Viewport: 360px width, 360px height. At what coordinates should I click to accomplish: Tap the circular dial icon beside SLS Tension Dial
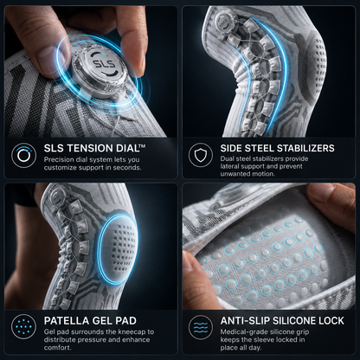tap(23, 155)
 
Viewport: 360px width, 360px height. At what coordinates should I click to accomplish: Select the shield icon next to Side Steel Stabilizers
tap(201, 155)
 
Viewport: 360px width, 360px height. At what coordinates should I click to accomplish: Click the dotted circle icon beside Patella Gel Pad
tap(23, 327)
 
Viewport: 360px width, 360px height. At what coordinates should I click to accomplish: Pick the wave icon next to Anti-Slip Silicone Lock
tap(201, 327)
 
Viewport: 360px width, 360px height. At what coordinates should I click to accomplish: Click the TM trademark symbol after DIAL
tap(142, 146)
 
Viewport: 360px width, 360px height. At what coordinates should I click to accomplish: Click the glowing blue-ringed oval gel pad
tap(118, 249)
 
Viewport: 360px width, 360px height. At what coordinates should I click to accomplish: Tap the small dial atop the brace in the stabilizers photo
tap(222, 20)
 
